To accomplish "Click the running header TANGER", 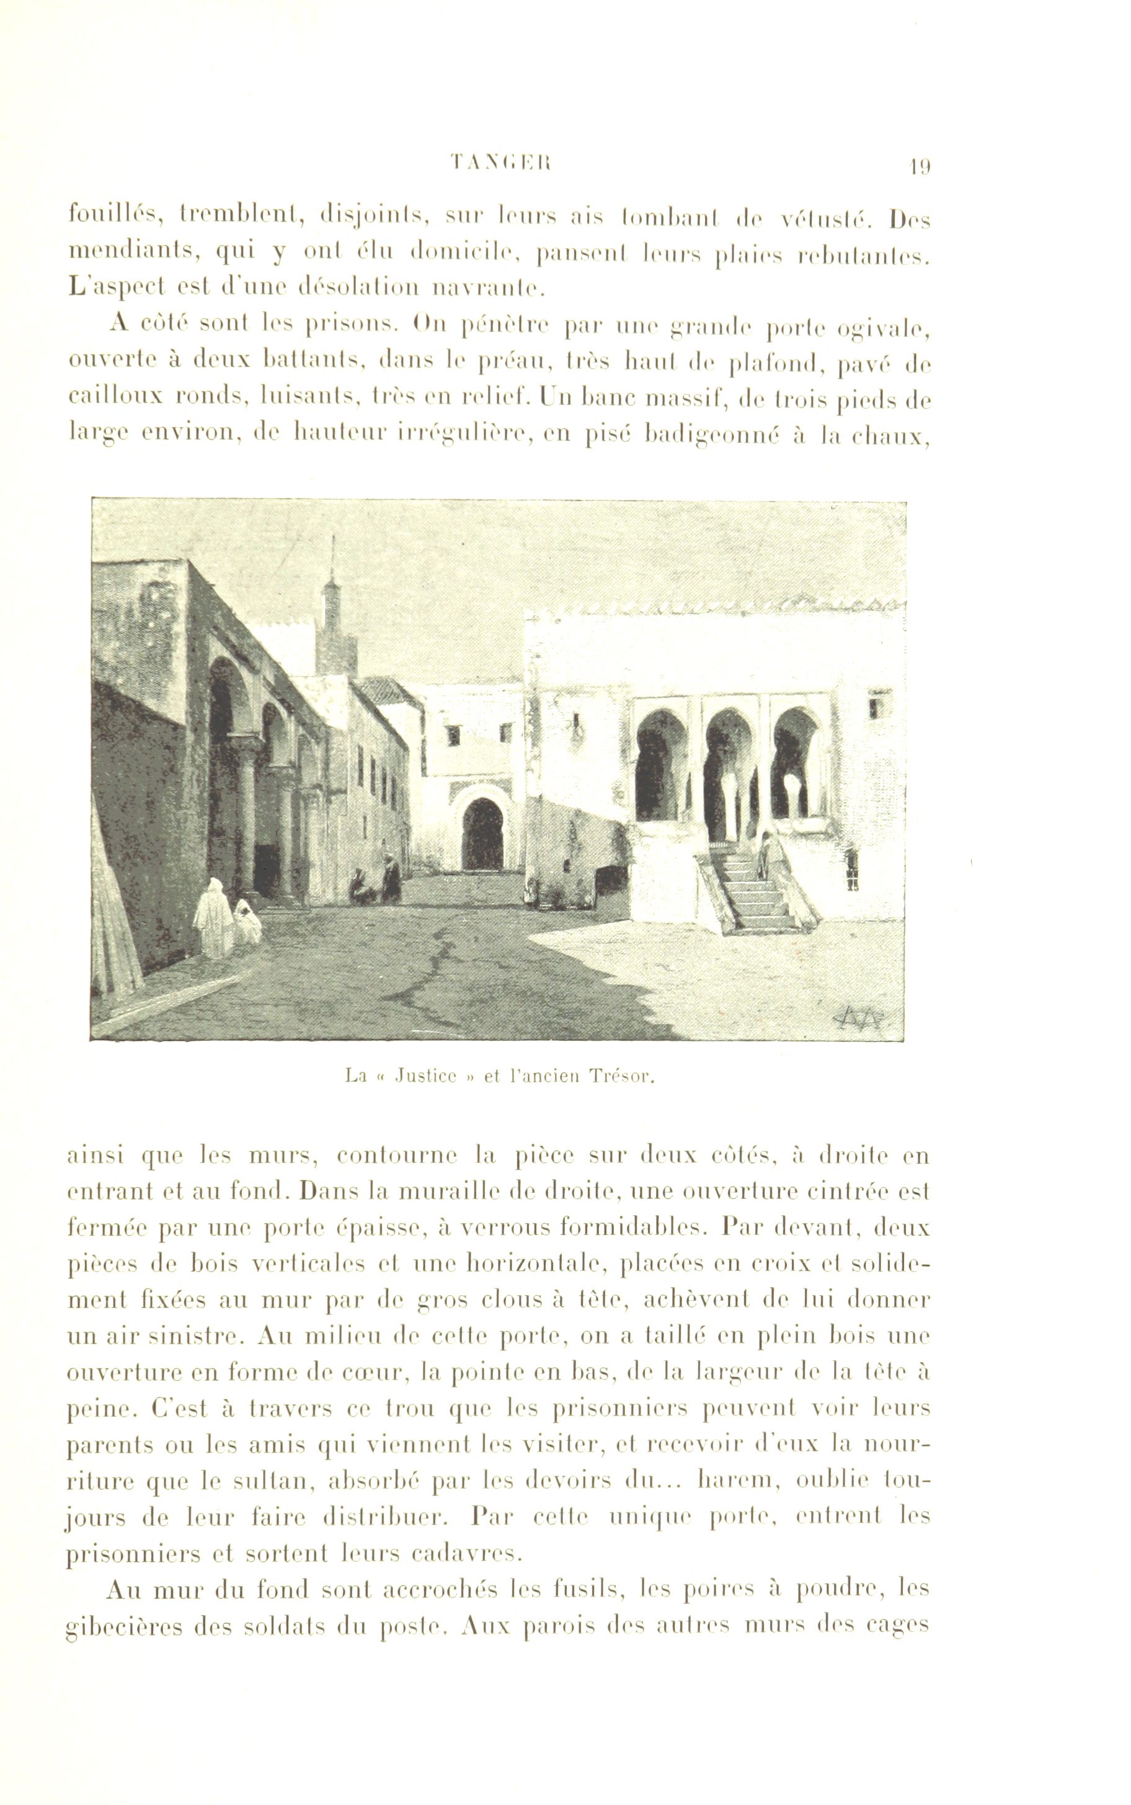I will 500,163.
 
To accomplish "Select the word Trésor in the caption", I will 623,1077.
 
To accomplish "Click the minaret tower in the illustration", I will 334,628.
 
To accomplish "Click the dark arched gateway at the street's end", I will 482,834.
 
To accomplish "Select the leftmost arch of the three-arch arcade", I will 660,763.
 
